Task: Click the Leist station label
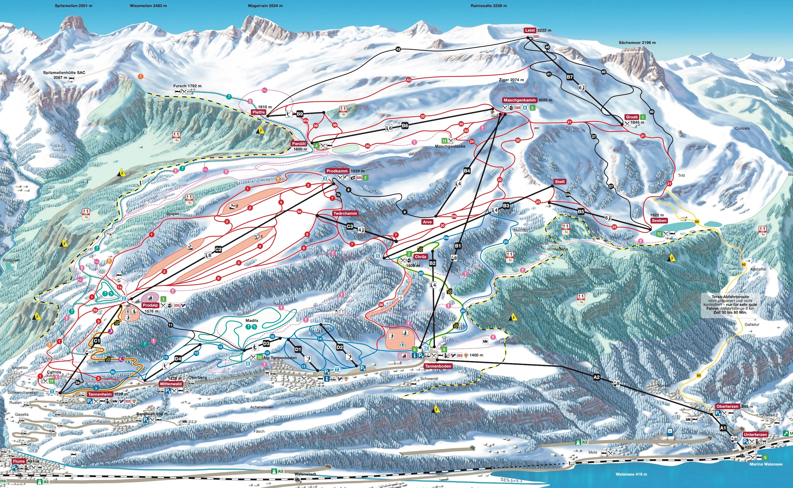[x=530, y=30]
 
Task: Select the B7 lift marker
[x=570, y=77]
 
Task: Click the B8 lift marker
[x=405, y=126]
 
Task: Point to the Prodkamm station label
[x=337, y=171]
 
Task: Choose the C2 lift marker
[x=218, y=249]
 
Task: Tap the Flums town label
[x=19, y=461]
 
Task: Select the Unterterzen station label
[x=755, y=434]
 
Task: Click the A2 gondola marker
[x=596, y=377]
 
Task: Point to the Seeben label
[x=659, y=221]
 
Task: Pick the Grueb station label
[x=632, y=117]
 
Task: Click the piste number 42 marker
[x=398, y=49]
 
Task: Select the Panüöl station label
[x=299, y=144]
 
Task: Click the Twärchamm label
[x=345, y=213]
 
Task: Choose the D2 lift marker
[x=340, y=347]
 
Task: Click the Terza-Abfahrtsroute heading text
[x=730, y=297]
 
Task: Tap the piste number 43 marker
[x=408, y=80]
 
